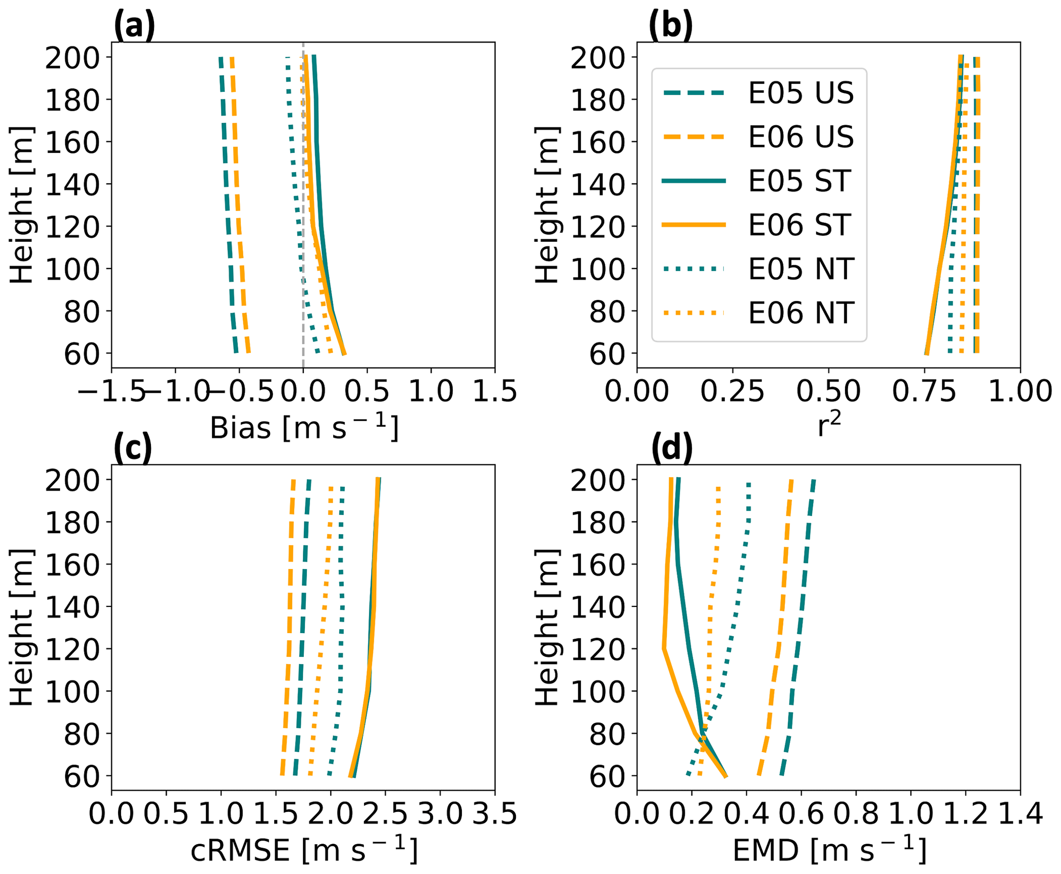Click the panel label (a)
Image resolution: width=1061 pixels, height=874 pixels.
pos(134,26)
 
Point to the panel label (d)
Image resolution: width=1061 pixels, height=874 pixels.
pos(671,448)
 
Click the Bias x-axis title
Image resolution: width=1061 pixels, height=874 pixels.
pos(304,428)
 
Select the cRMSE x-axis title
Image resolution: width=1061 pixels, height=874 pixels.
pos(304,850)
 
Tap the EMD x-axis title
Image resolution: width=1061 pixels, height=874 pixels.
pos(829,850)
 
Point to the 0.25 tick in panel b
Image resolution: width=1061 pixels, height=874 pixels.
pos(732,391)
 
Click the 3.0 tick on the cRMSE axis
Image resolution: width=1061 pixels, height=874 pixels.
pos(440,814)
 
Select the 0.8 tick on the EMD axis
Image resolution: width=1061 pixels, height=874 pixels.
pos(856,814)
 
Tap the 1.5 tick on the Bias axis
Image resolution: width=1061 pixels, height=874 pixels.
pos(494,391)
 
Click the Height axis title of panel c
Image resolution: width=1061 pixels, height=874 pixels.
pos(22,628)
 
